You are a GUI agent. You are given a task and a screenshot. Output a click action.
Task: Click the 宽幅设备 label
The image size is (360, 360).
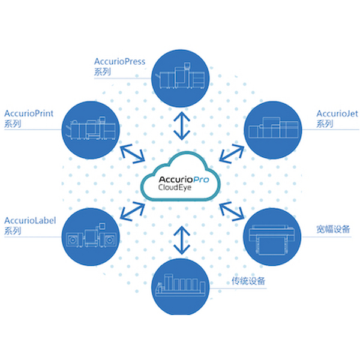point(333,229)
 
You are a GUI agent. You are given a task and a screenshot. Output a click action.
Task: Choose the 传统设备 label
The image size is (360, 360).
point(248,281)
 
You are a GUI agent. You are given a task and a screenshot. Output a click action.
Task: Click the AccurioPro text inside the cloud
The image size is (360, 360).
point(184,179)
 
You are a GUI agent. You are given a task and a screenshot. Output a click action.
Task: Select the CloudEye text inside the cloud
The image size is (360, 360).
point(175,187)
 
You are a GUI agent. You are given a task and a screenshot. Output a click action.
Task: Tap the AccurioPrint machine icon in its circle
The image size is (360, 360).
point(91,128)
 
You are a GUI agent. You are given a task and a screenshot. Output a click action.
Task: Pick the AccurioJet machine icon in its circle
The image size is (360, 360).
point(274,128)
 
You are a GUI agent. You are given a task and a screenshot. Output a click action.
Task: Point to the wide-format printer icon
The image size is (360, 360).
point(272,240)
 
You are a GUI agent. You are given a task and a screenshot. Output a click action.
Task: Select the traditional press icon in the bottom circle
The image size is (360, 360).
point(180,286)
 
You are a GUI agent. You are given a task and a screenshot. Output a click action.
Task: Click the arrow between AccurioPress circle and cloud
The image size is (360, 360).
point(182,126)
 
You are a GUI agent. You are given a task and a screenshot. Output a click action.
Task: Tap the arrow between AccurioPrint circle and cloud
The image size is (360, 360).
point(133,154)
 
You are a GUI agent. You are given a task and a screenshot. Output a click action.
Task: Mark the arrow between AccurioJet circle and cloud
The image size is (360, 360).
point(232,154)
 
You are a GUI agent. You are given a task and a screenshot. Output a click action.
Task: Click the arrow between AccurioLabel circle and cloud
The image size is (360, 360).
point(133,211)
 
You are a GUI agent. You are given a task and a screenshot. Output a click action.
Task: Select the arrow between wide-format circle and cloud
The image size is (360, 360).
point(232,211)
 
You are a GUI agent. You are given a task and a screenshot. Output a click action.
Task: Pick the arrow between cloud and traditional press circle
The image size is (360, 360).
point(182,241)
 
